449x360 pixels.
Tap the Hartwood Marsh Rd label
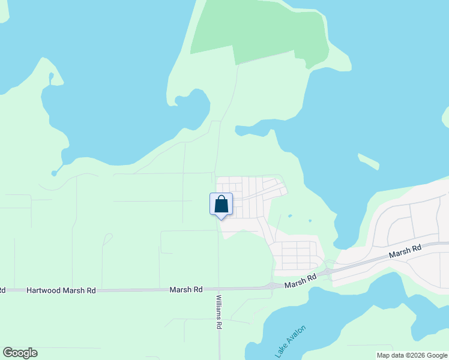click(x=61, y=290)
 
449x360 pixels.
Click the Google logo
click(x=20, y=353)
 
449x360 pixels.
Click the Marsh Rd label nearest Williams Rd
click(x=185, y=290)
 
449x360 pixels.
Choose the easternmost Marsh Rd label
click(x=405, y=251)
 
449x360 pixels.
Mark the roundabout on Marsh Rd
click(x=274, y=286)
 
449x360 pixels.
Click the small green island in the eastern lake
click(x=369, y=161)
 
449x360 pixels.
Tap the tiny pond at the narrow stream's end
click(x=54, y=173)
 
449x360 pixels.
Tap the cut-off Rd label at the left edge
click(x=2, y=290)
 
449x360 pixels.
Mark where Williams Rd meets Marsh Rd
click(x=218, y=289)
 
